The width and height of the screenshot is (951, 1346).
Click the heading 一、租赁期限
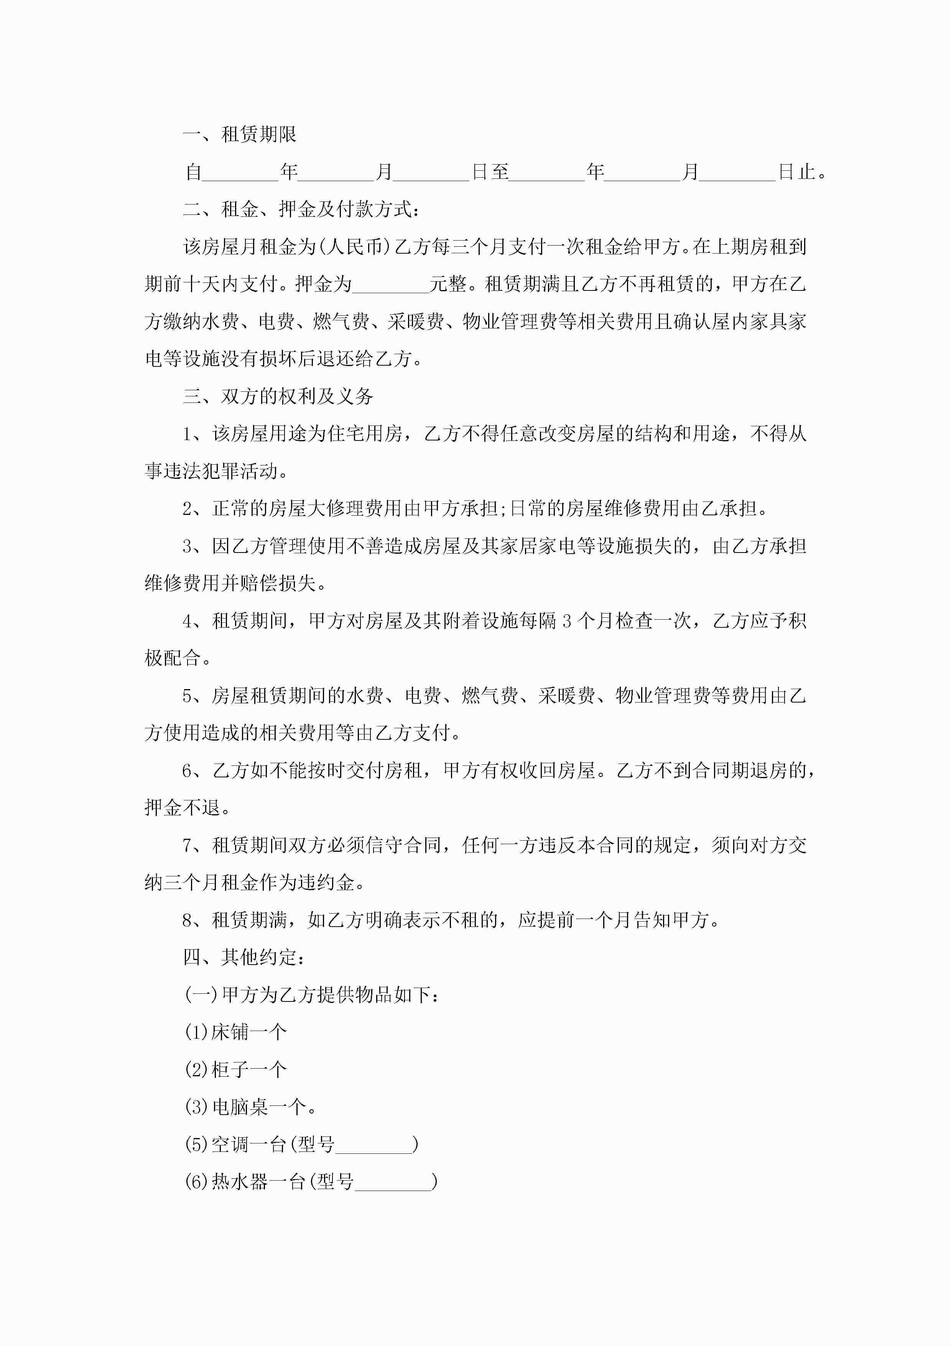click(x=240, y=135)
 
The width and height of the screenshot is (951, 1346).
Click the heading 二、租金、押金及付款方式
click(x=301, y=209)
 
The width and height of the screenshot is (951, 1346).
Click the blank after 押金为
click(x=391, y=285)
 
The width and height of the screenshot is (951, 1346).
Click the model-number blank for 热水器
click(x=393, y=1181)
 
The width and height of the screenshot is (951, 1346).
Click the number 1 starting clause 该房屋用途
click(x=188, y=434)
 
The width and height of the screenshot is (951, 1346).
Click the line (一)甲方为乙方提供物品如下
click(x=311, y=995)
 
